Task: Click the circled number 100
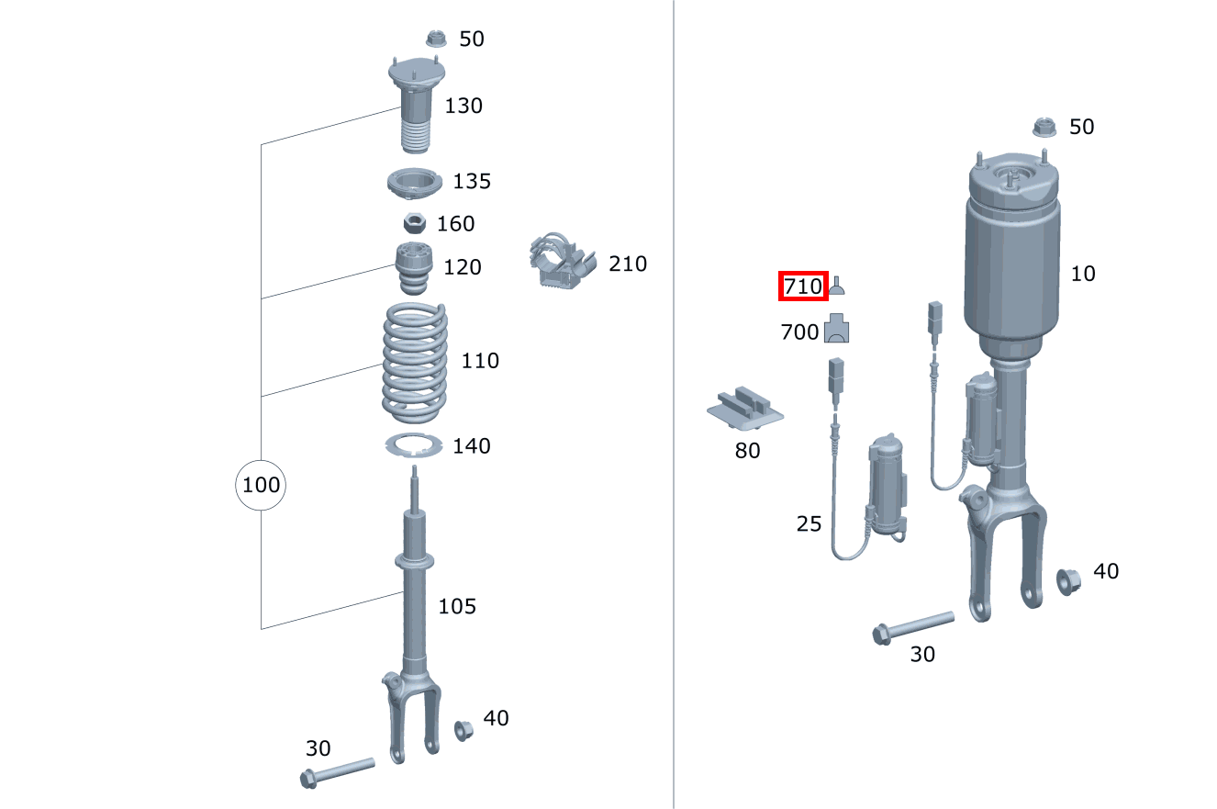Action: (261, 484)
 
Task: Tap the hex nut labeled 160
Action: (413, 223)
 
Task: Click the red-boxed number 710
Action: (803, 287)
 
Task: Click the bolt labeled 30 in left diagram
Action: (337, 771)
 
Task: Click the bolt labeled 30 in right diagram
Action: (912, 627)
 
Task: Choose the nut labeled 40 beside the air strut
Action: (1069, 580)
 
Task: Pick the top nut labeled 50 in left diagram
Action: (437, 39)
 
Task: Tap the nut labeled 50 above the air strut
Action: (1045, 128)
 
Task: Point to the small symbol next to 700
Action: (837, 329)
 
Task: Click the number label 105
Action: (457, 606)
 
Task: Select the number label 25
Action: (809, 524)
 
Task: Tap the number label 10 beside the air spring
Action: (1083, 274)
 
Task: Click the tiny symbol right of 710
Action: (837, 289)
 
